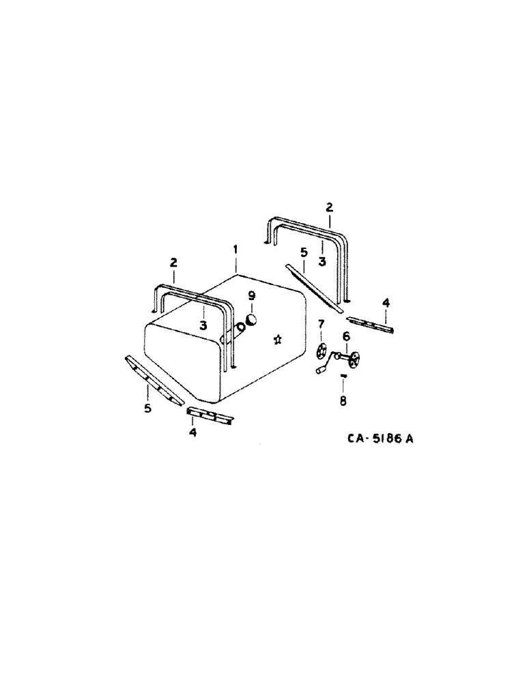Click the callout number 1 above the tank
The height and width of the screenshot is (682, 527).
(x=236, y=250)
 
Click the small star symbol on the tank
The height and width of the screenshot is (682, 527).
(x=277, y=339)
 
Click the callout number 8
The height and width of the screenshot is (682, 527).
(x=343, y=402)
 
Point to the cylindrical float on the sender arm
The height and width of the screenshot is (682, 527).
(x=320, y=369)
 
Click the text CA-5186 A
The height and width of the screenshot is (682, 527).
(x=377, y=439)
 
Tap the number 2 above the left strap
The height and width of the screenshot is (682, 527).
(x=173, y=262)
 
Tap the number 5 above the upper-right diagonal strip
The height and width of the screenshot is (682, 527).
(x=303, y=252)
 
